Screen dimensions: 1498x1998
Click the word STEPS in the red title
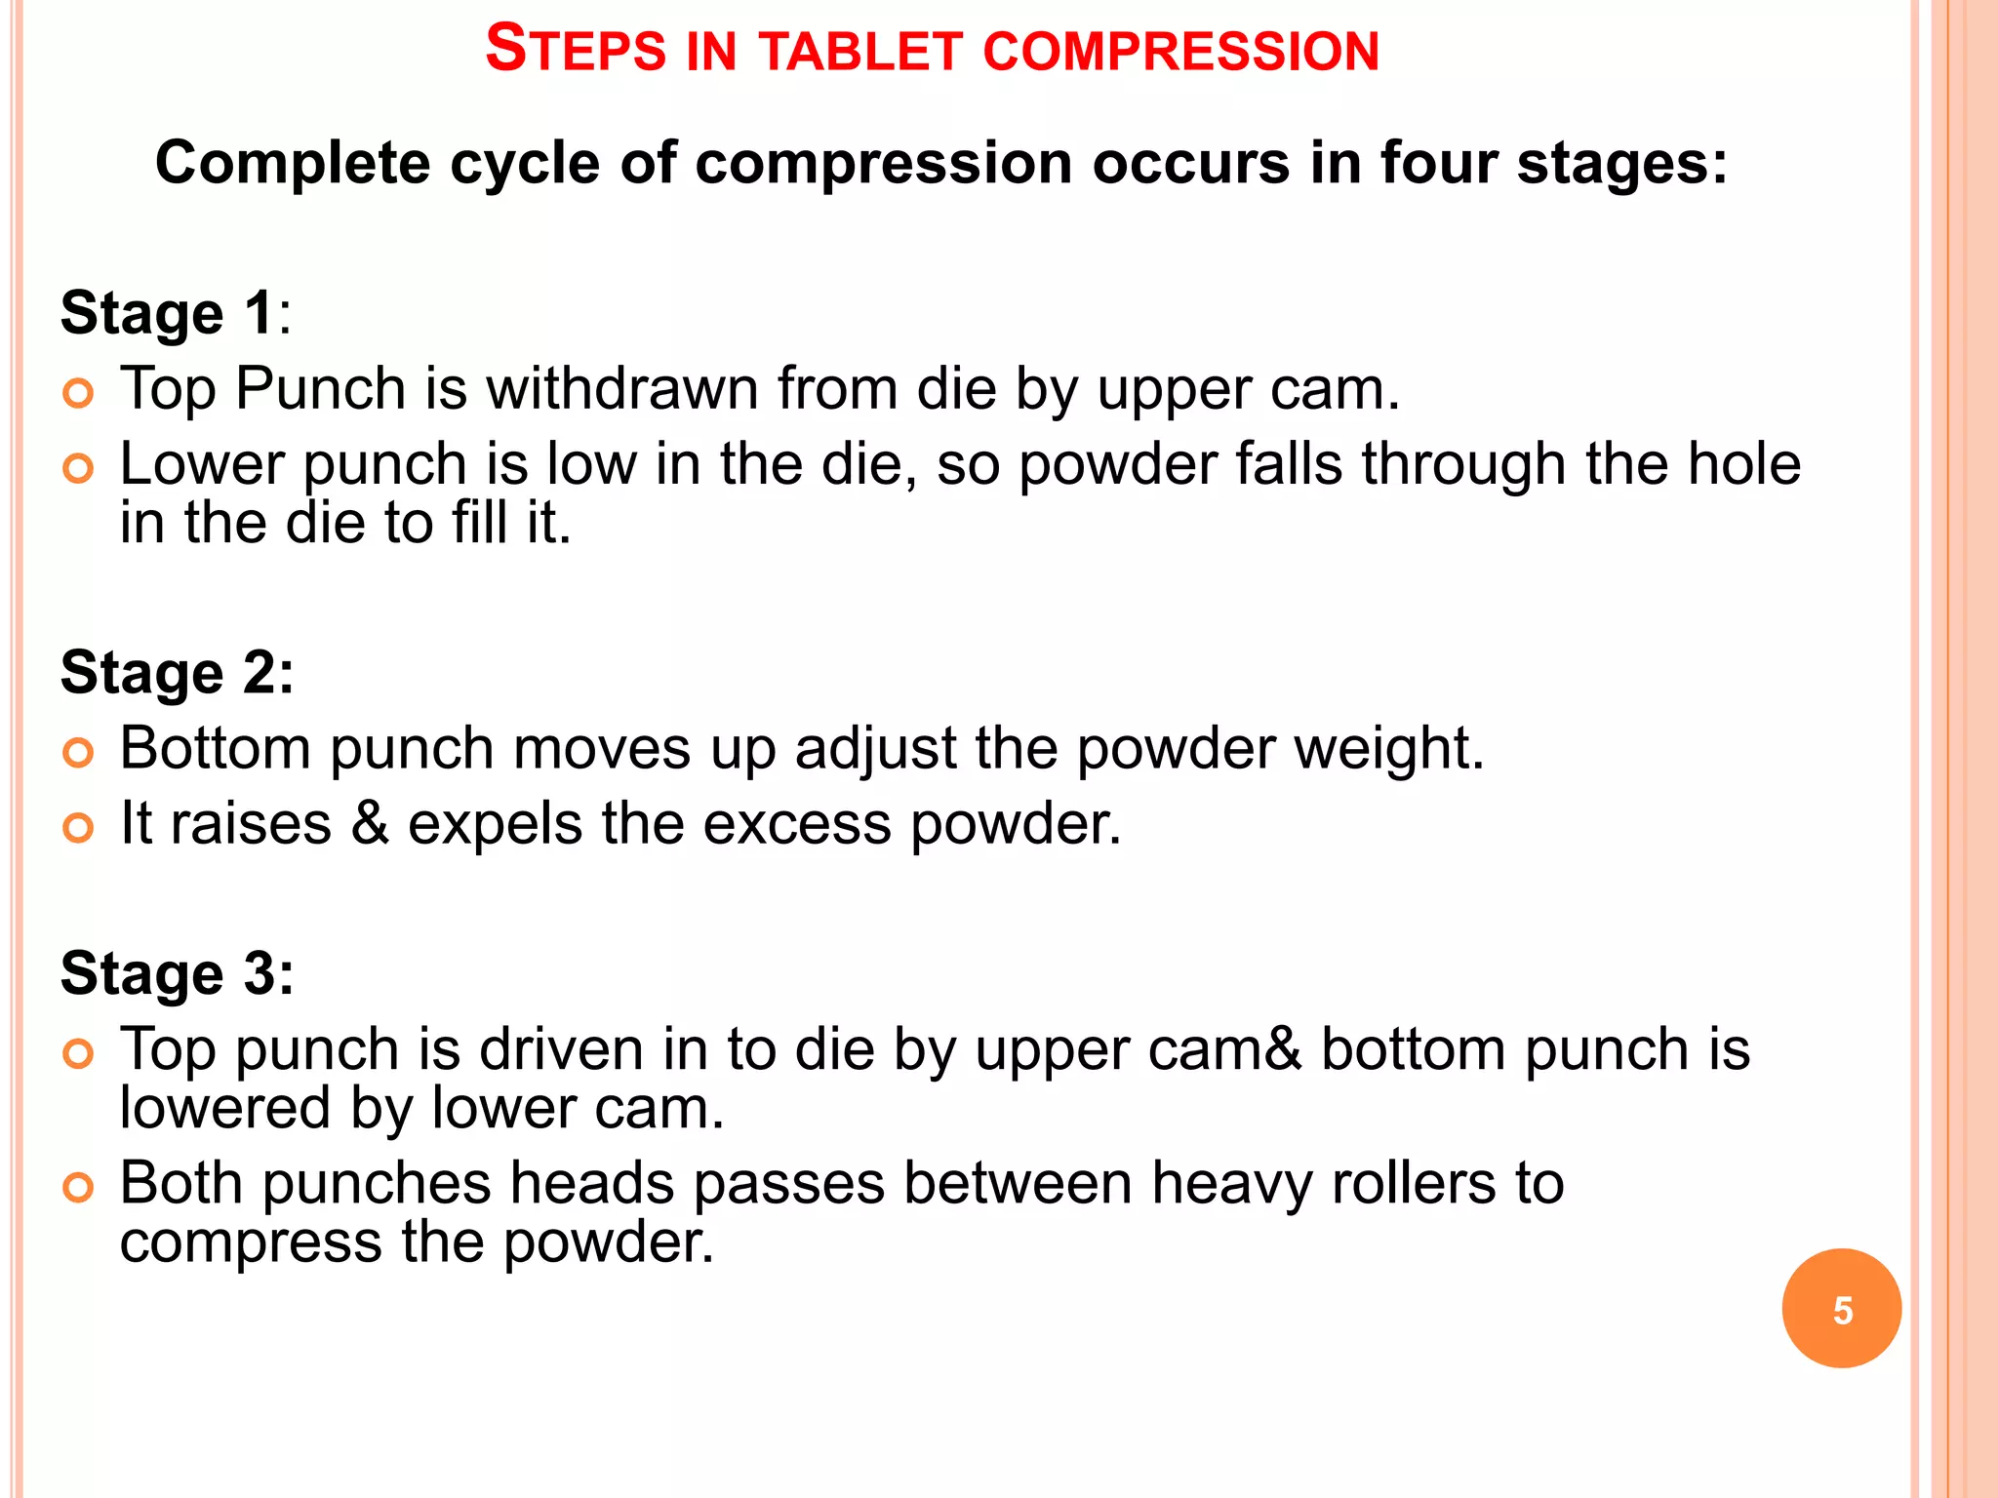[575, 50]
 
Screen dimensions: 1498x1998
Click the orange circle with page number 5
[1841, 1309]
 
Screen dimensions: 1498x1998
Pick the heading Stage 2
[177, 673]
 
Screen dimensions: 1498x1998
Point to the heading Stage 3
[177, 973]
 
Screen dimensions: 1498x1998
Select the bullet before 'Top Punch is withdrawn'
[78, 394]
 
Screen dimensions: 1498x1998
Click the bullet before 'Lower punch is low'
[78, 469]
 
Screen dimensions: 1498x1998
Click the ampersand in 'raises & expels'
[369, 823]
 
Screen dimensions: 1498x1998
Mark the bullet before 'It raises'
[78, 829]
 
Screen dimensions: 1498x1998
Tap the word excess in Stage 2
[797, 824]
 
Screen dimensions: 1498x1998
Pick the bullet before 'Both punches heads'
[78, 1189]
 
